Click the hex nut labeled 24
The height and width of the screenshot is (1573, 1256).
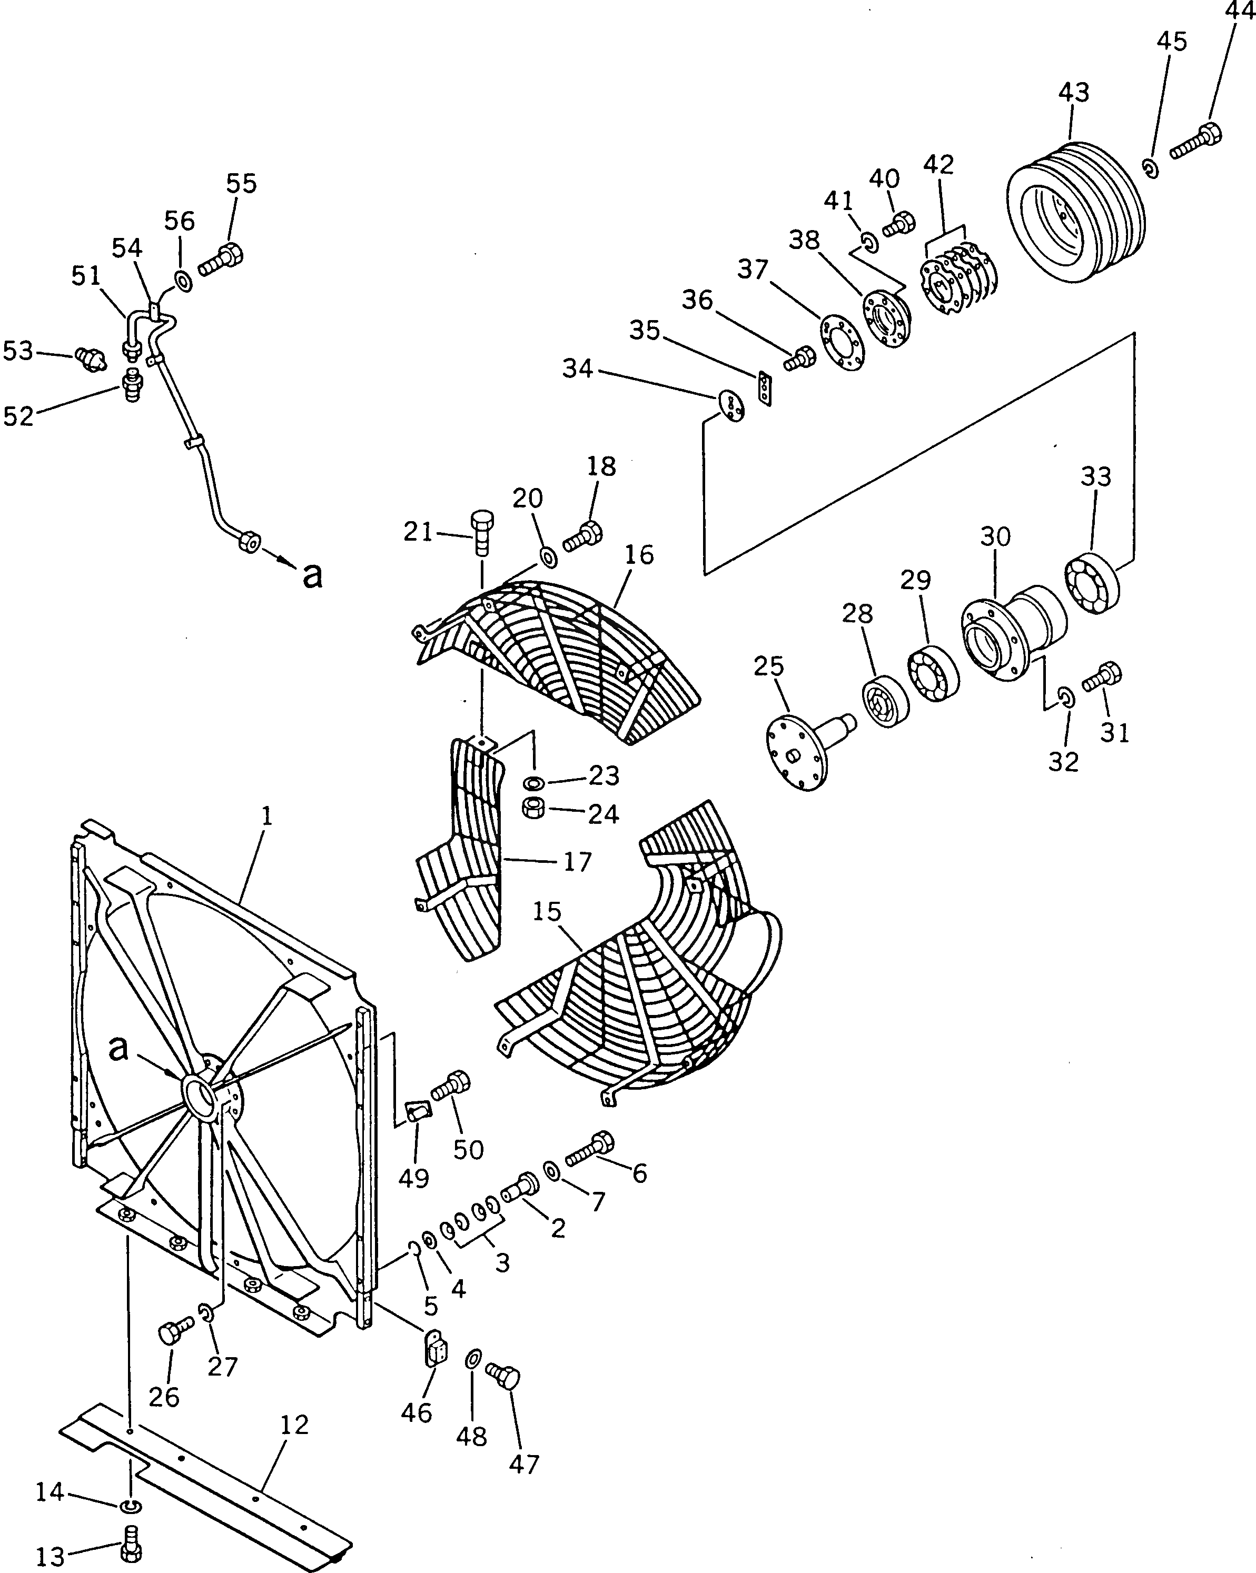tap(533, 809)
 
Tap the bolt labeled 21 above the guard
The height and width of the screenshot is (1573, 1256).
tap(481, 531)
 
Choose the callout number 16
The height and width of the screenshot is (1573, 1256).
tap(639, 555)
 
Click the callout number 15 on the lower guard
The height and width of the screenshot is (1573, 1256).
tap(547, 912)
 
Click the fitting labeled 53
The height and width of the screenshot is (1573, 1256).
tap(91, 359)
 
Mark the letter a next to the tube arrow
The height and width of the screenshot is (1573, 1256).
tap(312, 576)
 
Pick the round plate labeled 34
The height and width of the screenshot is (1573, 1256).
tap(731, 406)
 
